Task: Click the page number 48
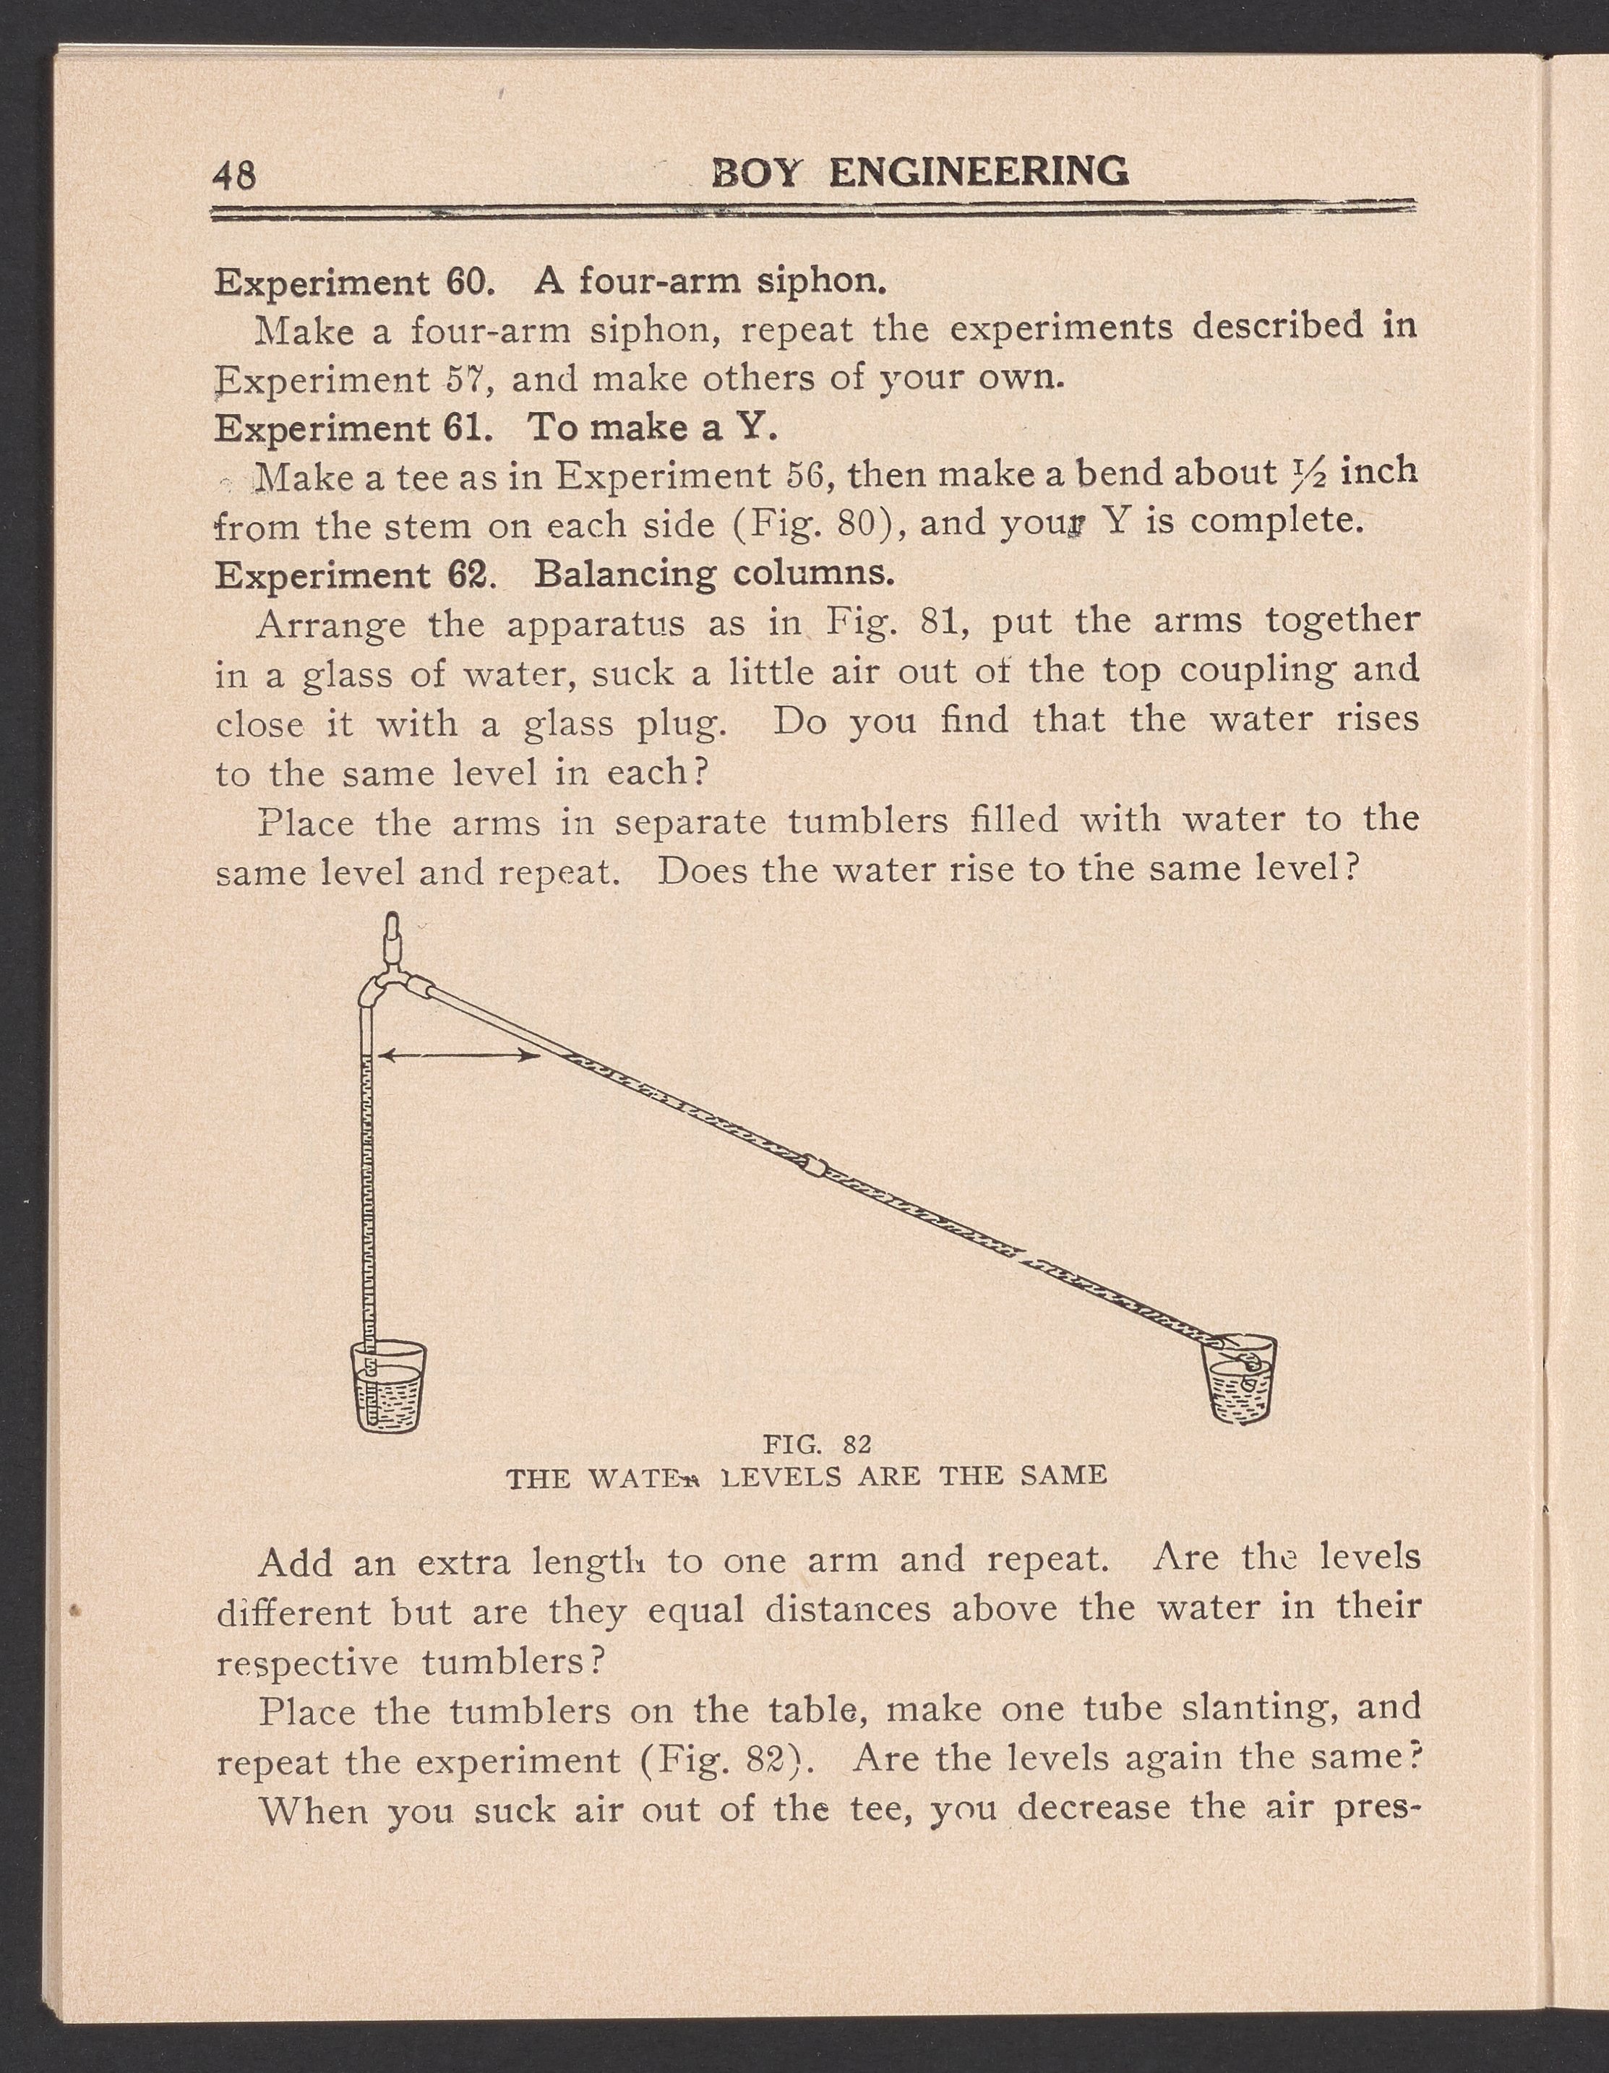click(x=234, y=175)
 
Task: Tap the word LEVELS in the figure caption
click(x=781, y=1477)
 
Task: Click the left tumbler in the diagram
click(x=389, y=1385)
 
